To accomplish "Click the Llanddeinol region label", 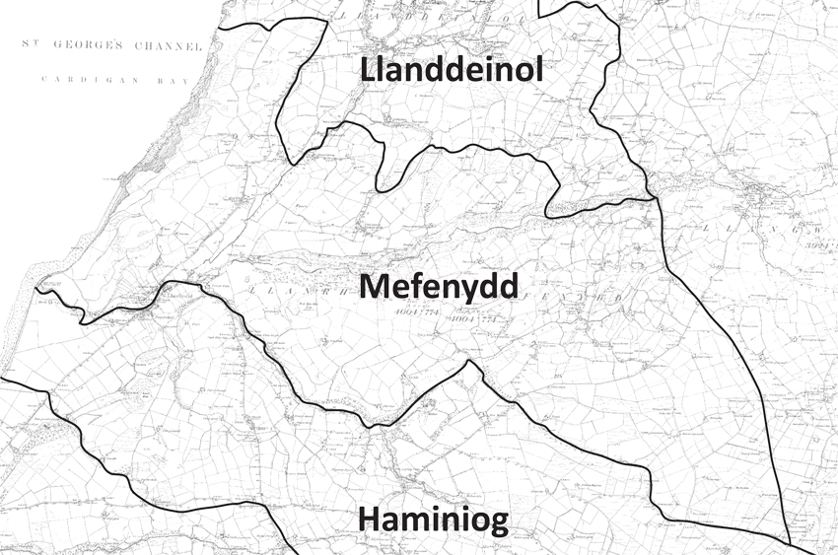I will point(453,72).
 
